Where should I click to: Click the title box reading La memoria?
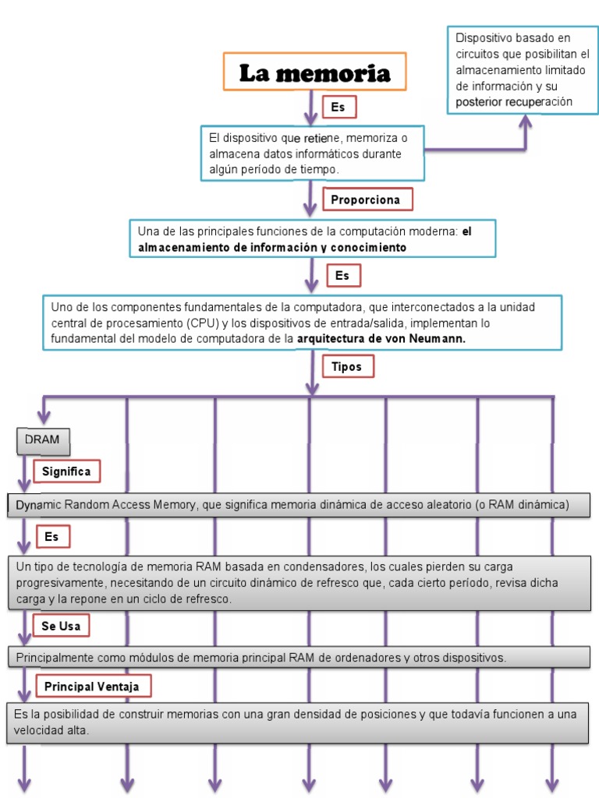tap(314, 73)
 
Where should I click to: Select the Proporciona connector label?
tap(365, 199)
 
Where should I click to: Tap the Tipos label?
tap(347, 366)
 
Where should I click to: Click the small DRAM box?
tap(42, 440)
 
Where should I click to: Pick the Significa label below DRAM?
tap(66, 471)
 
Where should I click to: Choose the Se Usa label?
tap(61, 626)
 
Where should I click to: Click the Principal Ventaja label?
tap(91, 686)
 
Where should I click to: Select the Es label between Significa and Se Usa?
tap(51, 537)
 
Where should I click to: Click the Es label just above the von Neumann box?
tap(342, 275)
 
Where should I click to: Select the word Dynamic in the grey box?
tap(38, 505)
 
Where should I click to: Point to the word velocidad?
tap(39, 731)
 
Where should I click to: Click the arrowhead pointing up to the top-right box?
tap(526, 121)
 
